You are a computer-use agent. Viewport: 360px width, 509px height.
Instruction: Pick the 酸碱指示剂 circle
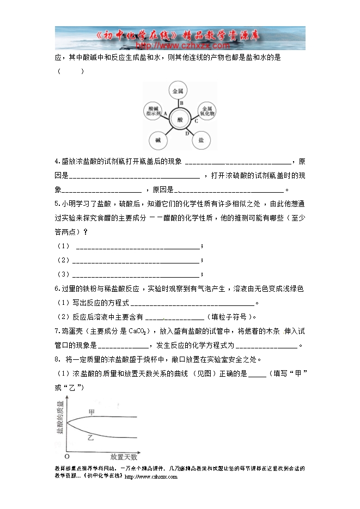152,111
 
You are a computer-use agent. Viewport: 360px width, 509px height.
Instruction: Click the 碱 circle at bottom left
157,140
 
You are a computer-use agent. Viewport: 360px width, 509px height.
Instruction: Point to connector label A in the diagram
164,113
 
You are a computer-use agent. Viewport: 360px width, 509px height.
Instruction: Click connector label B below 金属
181,102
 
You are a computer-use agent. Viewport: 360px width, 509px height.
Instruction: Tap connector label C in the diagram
196,121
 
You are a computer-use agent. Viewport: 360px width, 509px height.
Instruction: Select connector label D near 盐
187,133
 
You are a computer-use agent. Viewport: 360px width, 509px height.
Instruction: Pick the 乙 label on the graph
90,438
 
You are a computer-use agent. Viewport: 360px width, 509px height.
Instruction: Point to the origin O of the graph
66,457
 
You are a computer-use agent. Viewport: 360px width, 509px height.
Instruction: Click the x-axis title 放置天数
123,457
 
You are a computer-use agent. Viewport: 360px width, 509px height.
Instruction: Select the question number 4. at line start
58,161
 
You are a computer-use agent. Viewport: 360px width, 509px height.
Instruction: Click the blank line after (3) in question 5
136,274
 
